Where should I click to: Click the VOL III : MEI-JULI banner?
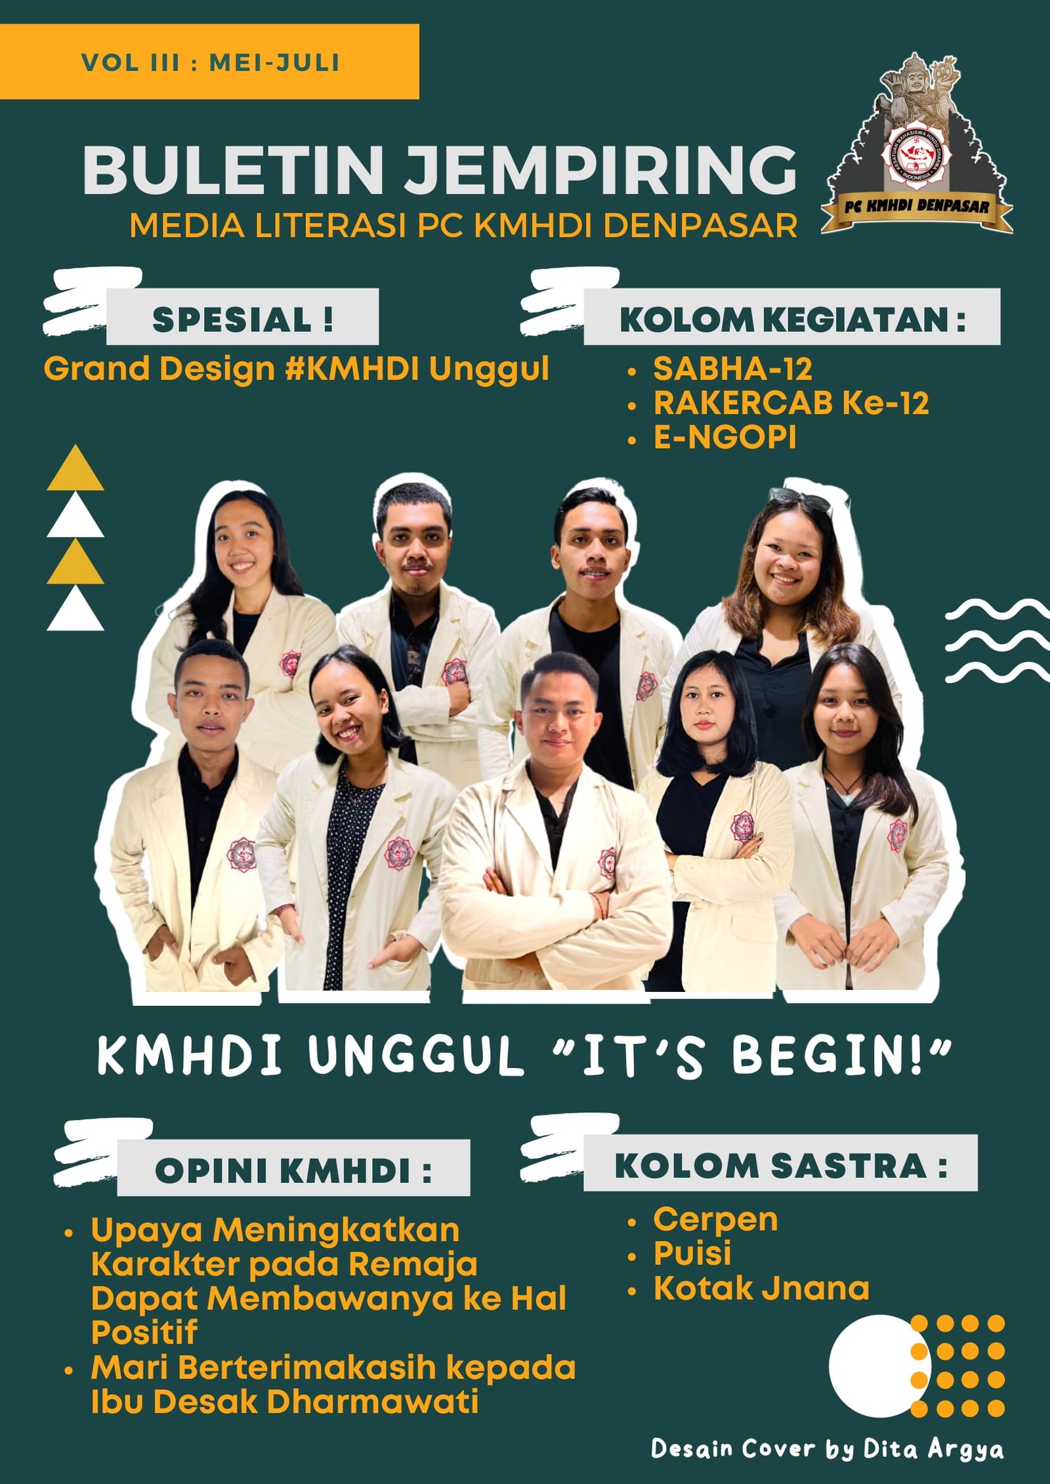click(209, 62)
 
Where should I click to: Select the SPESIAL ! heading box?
click(242, 319)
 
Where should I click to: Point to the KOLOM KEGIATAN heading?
click(792, 319)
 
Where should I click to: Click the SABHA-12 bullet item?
click(732, 369)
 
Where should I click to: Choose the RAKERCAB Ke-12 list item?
click(791, 403)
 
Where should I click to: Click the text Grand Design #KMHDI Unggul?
click(296, 369)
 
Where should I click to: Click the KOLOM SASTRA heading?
click(780, 1166)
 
